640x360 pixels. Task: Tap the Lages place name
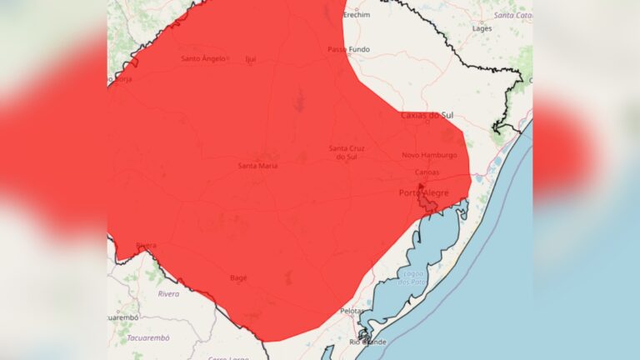click(x=482, y=27)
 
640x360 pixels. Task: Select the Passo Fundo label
click(x=348, y=50)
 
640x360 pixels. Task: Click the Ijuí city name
click(x=250, y=59)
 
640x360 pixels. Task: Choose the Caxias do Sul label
click(x=432, y=115)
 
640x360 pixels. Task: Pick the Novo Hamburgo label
click(x=429, y=155)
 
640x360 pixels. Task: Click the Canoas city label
click(x=427, y=172)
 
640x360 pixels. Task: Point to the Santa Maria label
click(x=258, y=165)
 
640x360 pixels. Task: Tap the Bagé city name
click(x=238, y=277)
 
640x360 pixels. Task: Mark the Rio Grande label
click(x=367, y=342)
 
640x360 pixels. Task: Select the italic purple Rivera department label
click(x=168, y=293)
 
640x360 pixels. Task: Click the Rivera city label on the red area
click(x=146, y=245)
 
